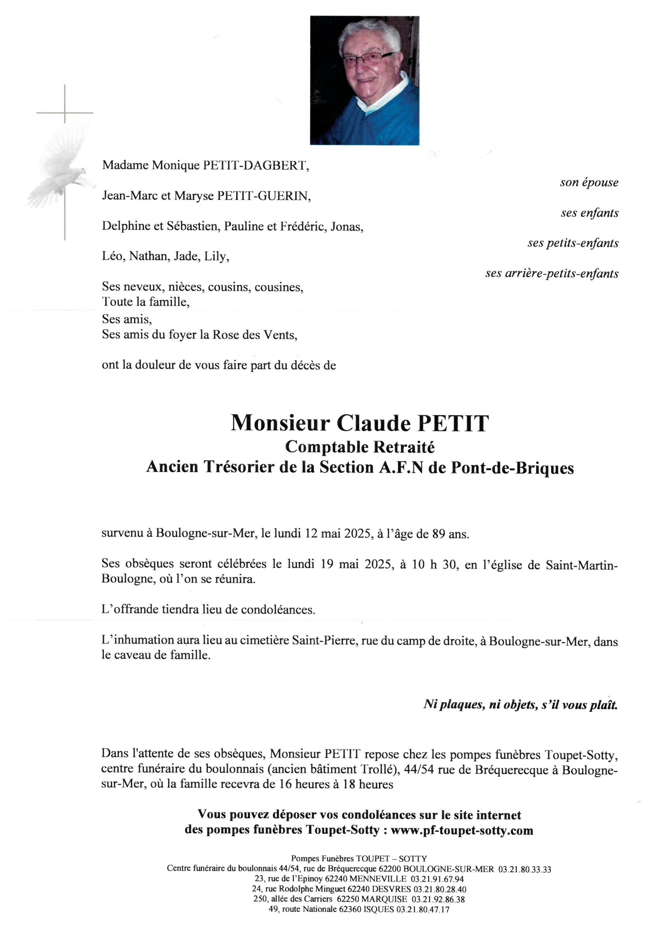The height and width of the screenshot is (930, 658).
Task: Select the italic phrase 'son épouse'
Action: click(589, 183)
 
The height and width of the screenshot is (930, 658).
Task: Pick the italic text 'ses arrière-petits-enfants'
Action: click(552, 274)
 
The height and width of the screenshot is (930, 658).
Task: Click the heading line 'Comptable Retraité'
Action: click(360, 447)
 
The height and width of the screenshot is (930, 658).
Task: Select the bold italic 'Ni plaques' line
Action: click(521, 705)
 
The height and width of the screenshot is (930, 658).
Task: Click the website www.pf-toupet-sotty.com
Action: click(462, 831)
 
